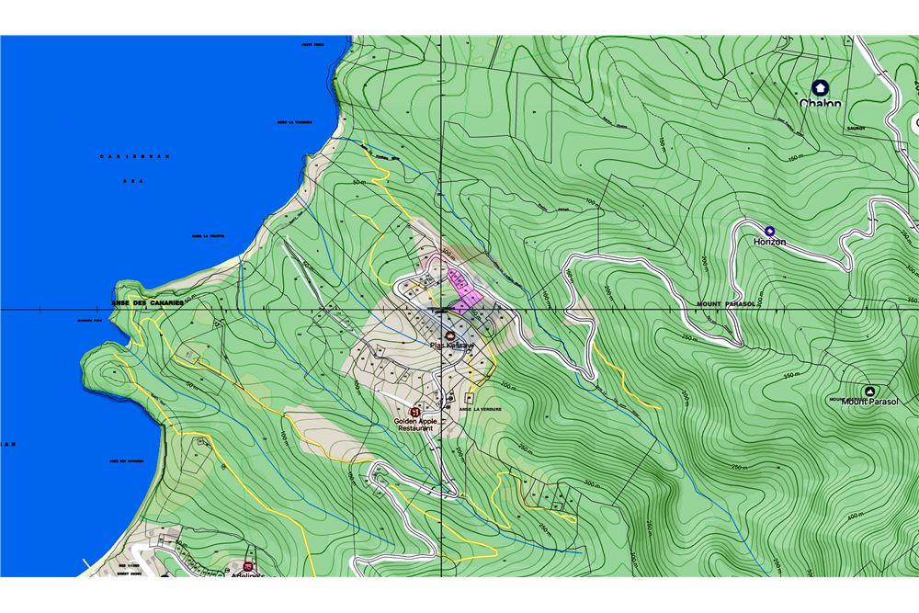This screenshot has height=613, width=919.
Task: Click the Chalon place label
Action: coord(820,104)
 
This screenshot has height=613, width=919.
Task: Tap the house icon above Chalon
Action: coord(820,87)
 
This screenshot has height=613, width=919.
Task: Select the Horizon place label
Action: coord(769,242)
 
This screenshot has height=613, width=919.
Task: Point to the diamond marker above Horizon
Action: coord(769,230)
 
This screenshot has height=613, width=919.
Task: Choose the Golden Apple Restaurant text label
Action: coord(419,426)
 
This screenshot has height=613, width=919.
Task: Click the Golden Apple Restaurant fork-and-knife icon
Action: coord(415,411)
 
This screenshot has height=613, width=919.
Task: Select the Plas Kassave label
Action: coord(449,346)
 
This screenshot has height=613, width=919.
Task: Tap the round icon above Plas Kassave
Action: coord(449,335)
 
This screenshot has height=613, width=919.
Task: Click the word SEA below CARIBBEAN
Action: coord(133,182)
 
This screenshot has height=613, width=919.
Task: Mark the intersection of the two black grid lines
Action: coord(440,310)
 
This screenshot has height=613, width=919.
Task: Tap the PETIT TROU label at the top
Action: coord(314,43)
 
